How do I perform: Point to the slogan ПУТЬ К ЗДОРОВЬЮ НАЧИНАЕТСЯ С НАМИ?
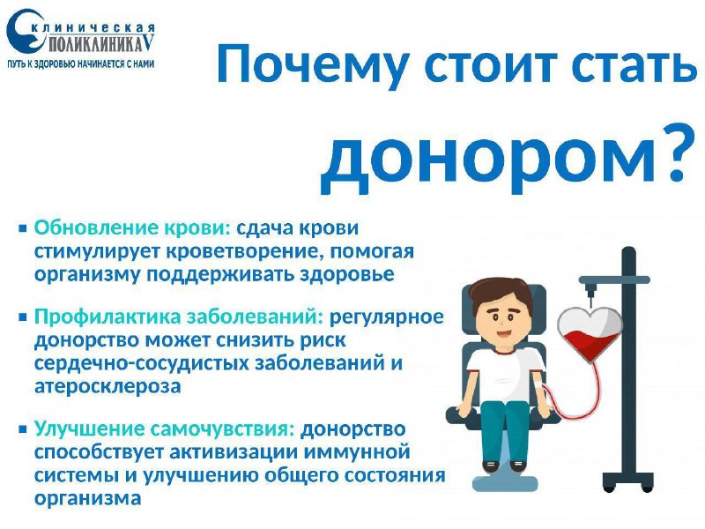[81, 63]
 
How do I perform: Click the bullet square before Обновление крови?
[23, 228]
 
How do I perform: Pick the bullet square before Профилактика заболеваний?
[23, 317]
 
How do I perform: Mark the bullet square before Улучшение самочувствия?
[23, 429]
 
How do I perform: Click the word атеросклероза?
[108, 386]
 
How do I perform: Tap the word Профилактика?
[107, 317]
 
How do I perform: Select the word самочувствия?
[222, 429]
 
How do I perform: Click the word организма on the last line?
[87, 499]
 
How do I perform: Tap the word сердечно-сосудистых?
[142, 363]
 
